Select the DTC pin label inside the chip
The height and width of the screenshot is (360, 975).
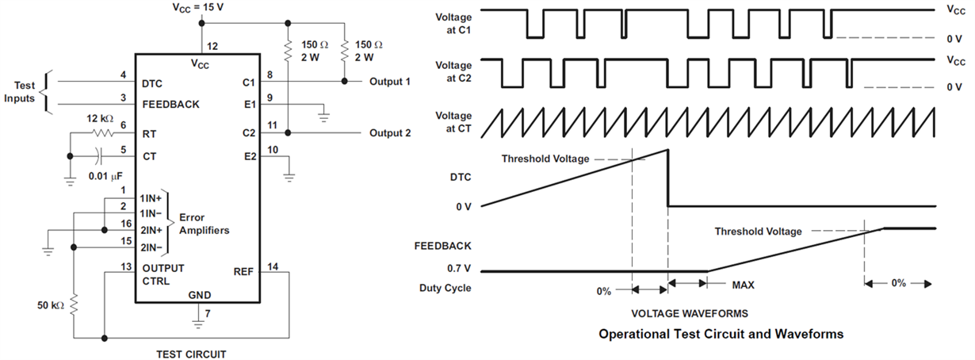[x=151, y=82]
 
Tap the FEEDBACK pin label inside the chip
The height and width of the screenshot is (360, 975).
[x=170, y=104]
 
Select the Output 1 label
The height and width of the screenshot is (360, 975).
[x=390, y=82]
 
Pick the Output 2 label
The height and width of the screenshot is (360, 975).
[x=390, y=133]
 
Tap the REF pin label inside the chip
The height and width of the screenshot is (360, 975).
[x=243, y=272]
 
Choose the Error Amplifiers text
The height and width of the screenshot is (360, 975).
[x=205, y=224]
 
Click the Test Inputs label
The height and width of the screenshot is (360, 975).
[x=24, y=91]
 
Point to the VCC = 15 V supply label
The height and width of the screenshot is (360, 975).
[x=198, y=7]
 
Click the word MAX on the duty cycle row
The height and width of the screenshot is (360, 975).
[x=743, y=284]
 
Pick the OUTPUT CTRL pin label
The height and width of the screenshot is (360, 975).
[x=162, y=273]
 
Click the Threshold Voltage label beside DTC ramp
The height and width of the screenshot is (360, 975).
[x=545, y=159]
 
